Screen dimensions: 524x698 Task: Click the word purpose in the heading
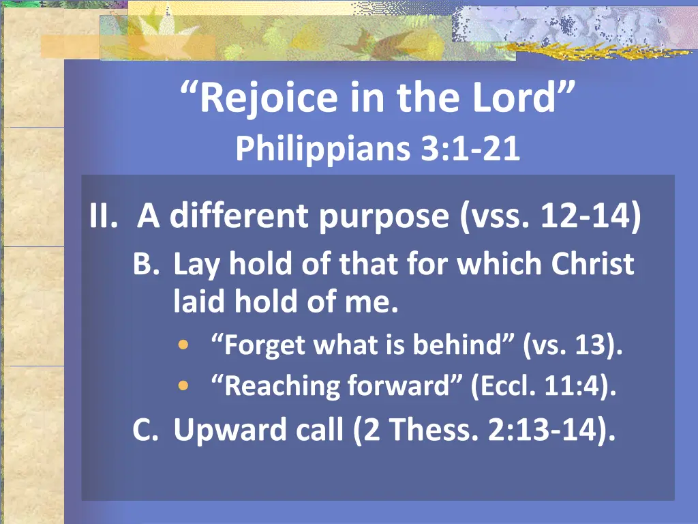[x=385, y=218]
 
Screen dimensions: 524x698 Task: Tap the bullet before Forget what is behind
[x=182, y=345]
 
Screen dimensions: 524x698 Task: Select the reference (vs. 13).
[x=573, y=346]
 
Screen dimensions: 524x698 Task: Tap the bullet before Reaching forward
[x=182, y=385]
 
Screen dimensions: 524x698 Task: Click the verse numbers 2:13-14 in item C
[x=544, y=429]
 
